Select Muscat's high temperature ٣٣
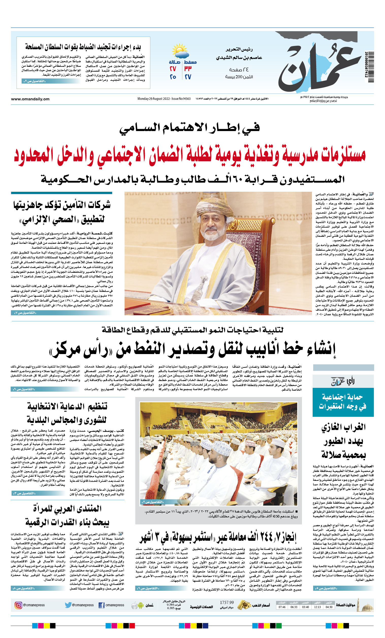(188, 69)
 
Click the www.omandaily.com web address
(30, 99)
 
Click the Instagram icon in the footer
(18, 605)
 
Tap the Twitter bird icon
(68, 605)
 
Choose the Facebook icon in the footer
(102, 605)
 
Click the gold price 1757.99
(227, 602)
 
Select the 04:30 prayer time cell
(329, 607)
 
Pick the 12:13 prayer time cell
(317, 607)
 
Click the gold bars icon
(244, 605)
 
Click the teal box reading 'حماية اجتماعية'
(343, 402)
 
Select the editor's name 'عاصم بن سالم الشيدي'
(239, 57)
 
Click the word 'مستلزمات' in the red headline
(343, 155)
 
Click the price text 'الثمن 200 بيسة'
(239, 77)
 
